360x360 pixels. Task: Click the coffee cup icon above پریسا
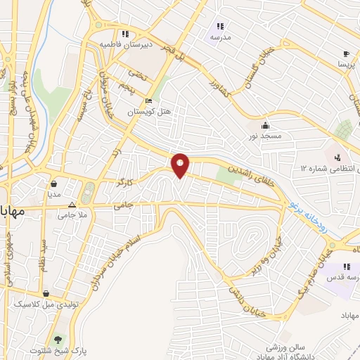pos(345,53)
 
